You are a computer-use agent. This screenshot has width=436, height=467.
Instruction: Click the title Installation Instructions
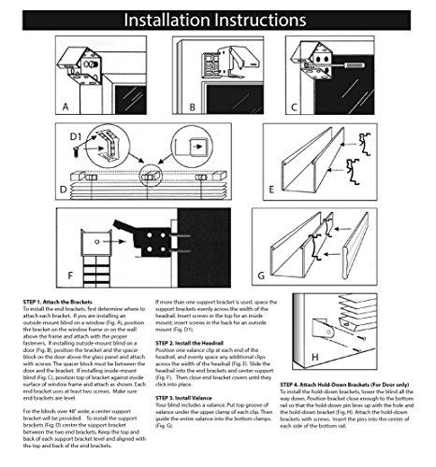coord(217,18)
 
